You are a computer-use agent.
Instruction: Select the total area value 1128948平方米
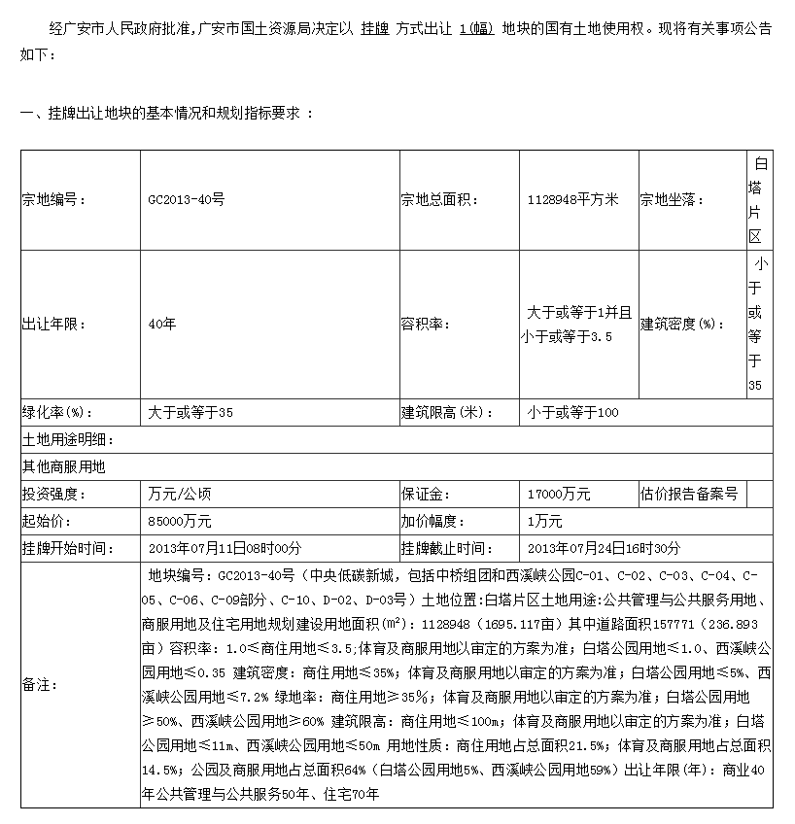(572, 200)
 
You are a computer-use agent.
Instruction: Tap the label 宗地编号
(54, 200)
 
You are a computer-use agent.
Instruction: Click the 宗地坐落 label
(672, 200)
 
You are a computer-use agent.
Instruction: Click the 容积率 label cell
(426, 324)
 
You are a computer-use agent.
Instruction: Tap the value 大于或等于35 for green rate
(190, 413)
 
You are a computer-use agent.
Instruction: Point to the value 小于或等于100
(572, 413)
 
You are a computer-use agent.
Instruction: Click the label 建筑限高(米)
(447, 413)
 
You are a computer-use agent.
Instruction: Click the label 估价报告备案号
(689, 495)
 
